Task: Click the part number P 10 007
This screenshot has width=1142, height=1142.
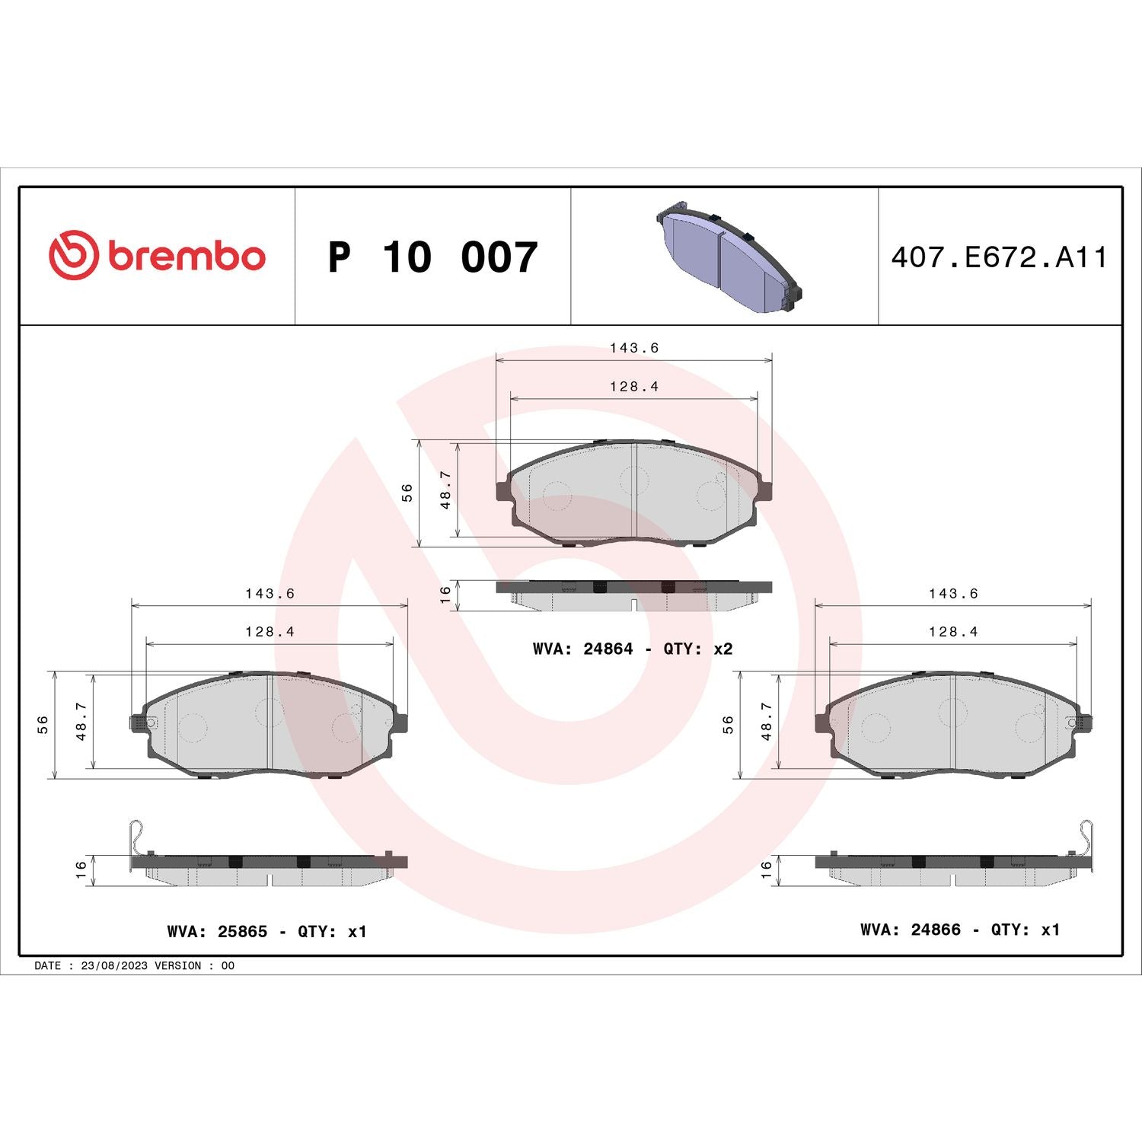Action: pyautogui.click(x=432, y=257)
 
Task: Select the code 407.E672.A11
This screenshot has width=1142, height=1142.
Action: pyautogui.click(x=999, y=257)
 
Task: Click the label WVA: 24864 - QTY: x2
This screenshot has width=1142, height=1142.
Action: pyautogui.click(x=632, y=649)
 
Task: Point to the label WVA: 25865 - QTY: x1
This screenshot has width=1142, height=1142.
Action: pyautogui.click(x=266, y=931)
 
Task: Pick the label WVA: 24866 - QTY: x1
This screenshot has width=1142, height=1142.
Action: pyautogui.click(x=959, y=930)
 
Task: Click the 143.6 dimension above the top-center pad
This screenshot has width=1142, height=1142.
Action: pyautogui.click(x=633, y=348)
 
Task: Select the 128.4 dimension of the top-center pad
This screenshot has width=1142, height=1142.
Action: pyautogui.click(x=633, y=387)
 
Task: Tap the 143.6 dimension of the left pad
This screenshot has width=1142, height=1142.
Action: pyautogui.click(x=270, y=593)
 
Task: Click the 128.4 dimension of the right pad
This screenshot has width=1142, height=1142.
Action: pyautogui.click(x=952, y=632)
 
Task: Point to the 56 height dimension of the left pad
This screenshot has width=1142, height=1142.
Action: pyautogui.click(x=43, y=725)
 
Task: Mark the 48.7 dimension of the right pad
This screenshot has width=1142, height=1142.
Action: pyautogui.click(x=767, y=721)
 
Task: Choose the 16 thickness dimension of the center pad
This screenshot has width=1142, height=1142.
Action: pyautogui.click(x=446, y=595)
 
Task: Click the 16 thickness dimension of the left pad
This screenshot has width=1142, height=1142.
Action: pyautogui.click(x=81, y=870)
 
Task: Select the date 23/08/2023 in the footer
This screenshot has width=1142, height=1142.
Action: pyautogui.click(x=113, y=965)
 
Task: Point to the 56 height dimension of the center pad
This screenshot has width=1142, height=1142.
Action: pyautogui.click(x=407, y=493)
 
